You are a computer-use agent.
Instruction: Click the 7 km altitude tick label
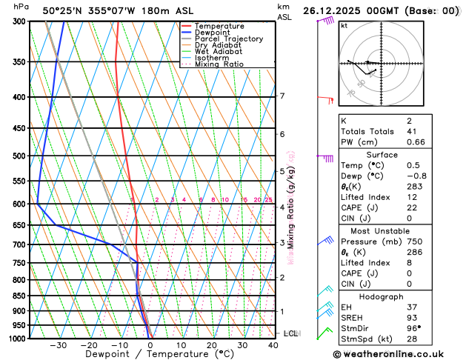282,96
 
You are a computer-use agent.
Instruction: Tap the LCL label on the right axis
290,333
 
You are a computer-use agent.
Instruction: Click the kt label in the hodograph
344,25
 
